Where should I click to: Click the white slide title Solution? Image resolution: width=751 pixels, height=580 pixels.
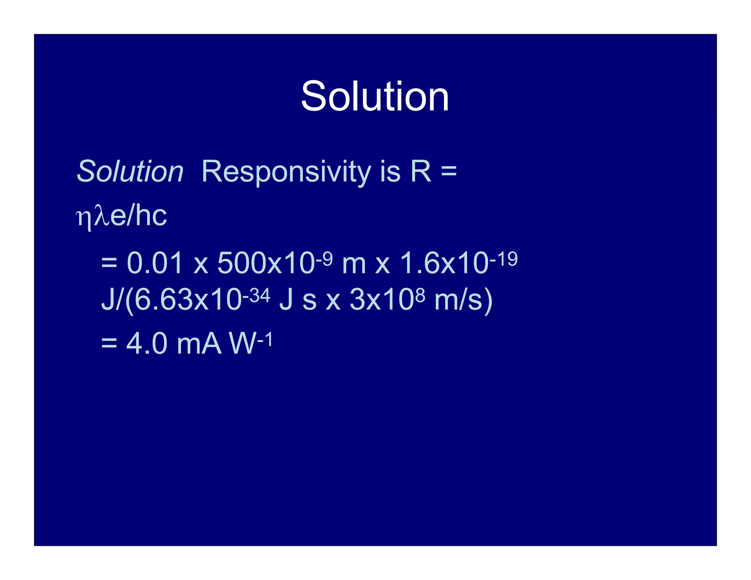[375, 96]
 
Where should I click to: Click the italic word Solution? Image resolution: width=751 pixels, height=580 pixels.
[130, 171]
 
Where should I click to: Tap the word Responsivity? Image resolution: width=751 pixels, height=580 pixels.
[286, 172]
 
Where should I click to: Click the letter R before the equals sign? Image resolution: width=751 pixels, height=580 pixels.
[421, 171]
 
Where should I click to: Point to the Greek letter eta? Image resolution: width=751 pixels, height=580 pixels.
[84, 218]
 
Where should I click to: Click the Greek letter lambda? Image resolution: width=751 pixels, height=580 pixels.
[102, 216]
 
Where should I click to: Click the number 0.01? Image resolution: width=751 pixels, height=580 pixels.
[154, 263]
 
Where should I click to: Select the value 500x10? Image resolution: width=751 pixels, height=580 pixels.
[266, 263]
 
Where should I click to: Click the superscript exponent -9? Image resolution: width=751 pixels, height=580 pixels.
[324, 258]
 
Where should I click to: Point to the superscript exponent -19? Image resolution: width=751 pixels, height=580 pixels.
[503, 258]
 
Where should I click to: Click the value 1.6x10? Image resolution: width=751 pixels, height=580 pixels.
[444, 263]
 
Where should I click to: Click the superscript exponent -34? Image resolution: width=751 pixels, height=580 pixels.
[256, 295]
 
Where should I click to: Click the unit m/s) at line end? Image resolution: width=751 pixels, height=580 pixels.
[463, 300]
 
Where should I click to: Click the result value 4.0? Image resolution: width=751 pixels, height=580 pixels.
[147, 344]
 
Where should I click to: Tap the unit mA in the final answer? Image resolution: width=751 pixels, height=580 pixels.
[199, 344]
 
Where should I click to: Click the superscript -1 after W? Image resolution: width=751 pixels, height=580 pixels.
[265, 339]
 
